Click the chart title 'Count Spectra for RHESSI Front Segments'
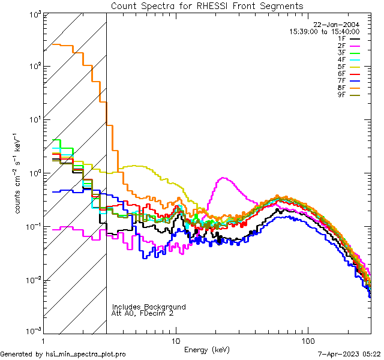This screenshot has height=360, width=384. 207,5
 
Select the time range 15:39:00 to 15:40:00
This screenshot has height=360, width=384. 325,31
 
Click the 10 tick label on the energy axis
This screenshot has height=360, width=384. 175,341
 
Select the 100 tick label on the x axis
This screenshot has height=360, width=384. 308,341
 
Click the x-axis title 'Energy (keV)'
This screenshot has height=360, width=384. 206,349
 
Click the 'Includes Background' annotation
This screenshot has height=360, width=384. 149,307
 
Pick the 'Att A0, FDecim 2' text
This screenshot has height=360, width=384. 143,314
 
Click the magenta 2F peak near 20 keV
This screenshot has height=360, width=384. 223,178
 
